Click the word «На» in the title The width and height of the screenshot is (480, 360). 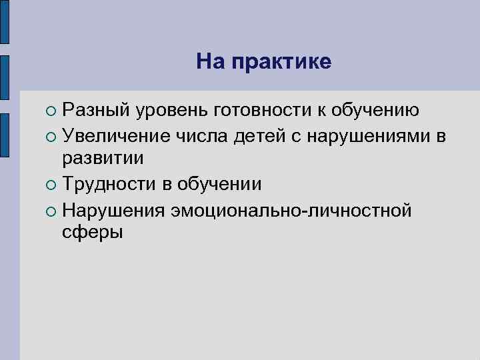pos(210,62)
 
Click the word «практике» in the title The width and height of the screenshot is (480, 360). pos(281,63)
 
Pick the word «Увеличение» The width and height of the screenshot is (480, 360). pos(116,136)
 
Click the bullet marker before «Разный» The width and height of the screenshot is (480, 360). pos(52,111)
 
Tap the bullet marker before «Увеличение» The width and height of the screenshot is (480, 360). pos(52,136)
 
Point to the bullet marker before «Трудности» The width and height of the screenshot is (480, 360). pos(52,185)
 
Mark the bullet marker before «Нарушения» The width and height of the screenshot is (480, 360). pos(52,210)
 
